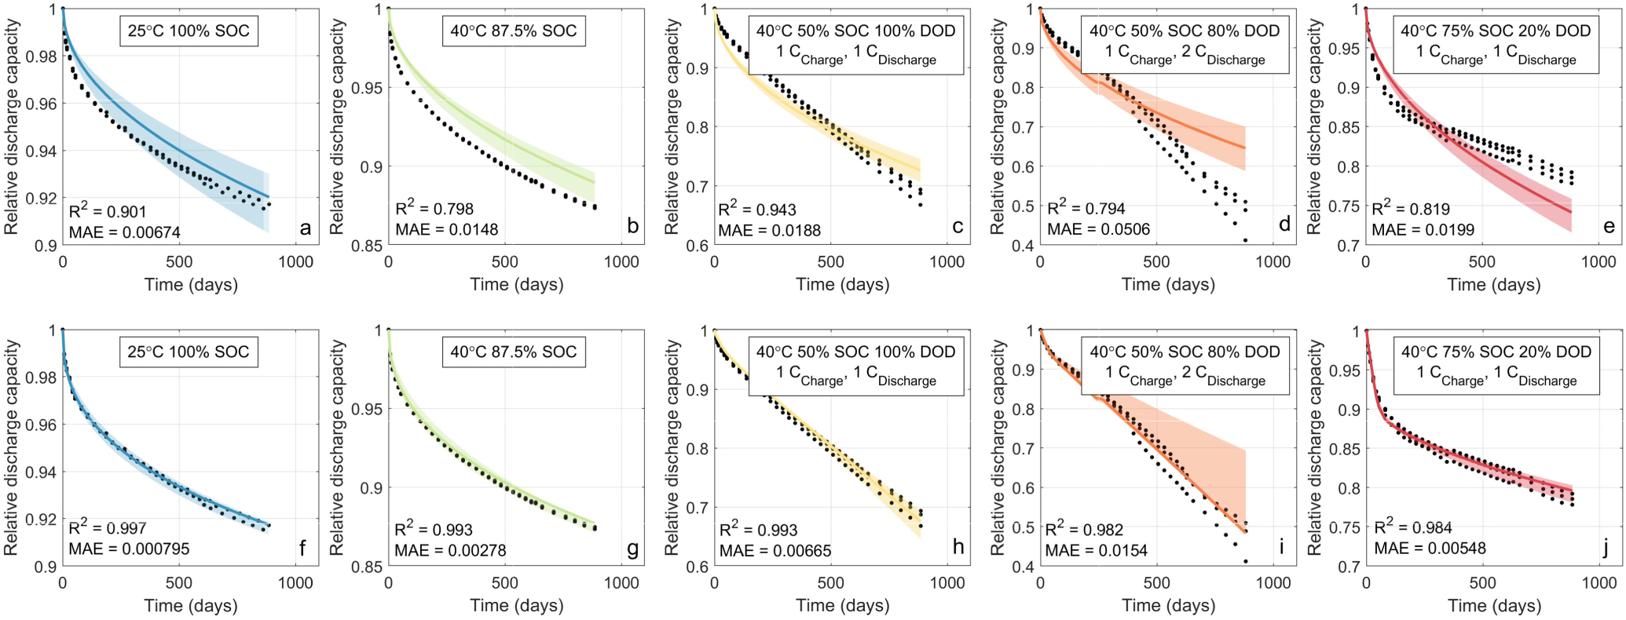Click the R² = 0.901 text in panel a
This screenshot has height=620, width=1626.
pyautogui.click(x=108, y=211)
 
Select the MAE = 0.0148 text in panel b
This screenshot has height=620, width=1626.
pyautogui.click(x=446, y=230)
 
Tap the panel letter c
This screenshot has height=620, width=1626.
pyautogui.click(x=958, y=227)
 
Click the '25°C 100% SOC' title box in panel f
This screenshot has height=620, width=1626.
pyautogui.click(x=189, y=352)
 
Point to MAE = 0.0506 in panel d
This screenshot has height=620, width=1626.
pyautogui.click(x=1098, y=230)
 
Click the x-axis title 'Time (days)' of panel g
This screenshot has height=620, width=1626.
pyautogui.click(x=516, y=606)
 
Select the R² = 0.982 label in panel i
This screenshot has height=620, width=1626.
pyautogui.click(x=1084, y=530)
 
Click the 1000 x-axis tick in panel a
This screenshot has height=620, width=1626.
pyautogui.click(x=295, y=262)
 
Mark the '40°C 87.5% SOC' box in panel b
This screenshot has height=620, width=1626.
pyautogui.click(x=514, y=31)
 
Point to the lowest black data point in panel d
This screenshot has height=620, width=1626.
pyautogui.click(x=1245, y=240)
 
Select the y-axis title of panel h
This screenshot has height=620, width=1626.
pyautogui.click(x=672, y=448)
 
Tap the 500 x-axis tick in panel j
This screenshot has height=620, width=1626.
pyautogui.click(x=1482, y=583)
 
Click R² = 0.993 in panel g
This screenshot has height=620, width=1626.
pyautogui.click(x=434, y=530)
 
